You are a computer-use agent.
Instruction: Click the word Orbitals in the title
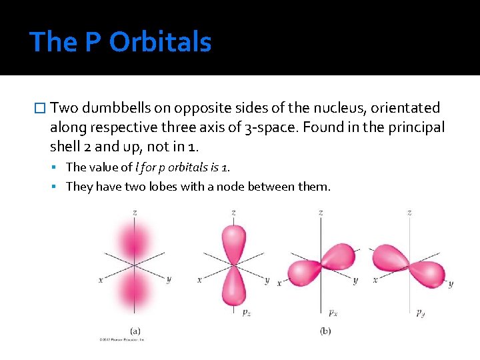tap(160, 42)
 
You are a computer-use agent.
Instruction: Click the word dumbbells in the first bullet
tap(113, 108)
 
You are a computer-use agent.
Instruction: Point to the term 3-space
tap(271, 127)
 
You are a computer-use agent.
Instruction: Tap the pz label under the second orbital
tap(246, 311)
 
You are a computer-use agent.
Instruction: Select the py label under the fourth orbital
tap(421, 311)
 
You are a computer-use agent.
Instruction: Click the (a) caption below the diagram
tap(135, 330)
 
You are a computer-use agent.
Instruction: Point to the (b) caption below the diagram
tap(326, 330)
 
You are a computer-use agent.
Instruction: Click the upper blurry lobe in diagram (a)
tap(134, 240)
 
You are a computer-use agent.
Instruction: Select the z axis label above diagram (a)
tap(135, 212)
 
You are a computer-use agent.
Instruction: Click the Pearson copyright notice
tap(122, 340)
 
